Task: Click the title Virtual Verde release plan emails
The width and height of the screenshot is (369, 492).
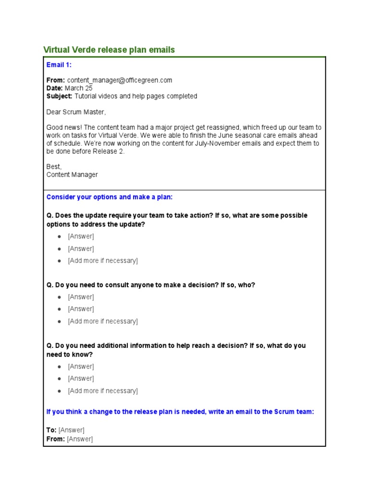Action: tap(109, 50)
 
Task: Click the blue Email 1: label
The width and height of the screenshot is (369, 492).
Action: tap(59, 65)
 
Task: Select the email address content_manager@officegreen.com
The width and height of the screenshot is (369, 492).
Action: tap(120, 80)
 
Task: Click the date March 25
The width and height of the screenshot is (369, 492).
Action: tap(78, 88)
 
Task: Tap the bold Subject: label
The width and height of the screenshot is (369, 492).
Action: tap(59, 96)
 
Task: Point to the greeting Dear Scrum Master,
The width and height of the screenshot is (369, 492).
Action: tap(76, 112)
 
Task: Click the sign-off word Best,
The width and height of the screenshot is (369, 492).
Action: tap(54, 167)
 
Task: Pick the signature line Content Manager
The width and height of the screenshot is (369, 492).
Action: tap(72, 174)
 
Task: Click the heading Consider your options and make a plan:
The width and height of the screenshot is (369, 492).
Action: tap(109, 197)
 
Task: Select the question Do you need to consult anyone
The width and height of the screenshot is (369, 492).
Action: tap(151, 285)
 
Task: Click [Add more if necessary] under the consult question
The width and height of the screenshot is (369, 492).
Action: tap(103, 321)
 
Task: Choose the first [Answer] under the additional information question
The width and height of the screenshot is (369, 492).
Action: tap(81, 367)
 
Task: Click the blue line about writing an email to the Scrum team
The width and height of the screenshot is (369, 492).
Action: tap(180, 412)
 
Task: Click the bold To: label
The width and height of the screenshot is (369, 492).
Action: tap(51, 430)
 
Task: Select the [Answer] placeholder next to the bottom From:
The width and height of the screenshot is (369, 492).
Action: tap(80, 439)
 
